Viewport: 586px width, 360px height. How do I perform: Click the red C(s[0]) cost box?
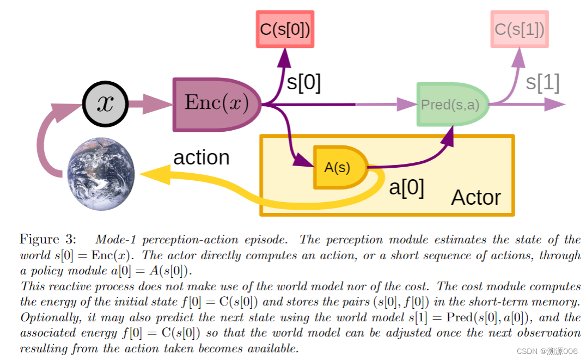(285, 29)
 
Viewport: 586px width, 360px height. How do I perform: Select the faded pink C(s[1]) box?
(519, 29)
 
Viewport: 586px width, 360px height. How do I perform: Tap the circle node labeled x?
(105, 103)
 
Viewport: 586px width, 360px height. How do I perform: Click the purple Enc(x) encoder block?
(217, 104)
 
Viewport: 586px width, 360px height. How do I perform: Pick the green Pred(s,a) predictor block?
(451, 105)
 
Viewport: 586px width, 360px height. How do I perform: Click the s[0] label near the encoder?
(304, 83)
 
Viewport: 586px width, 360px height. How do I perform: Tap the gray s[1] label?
(542, 82)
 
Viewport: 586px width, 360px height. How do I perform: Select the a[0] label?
(406, 187)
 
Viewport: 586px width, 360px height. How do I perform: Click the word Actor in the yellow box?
(475, 197)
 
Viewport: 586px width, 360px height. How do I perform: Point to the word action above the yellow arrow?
(201, 157)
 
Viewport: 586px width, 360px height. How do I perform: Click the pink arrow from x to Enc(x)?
(150, 103)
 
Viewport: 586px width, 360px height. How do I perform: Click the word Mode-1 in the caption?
(114, 239)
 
